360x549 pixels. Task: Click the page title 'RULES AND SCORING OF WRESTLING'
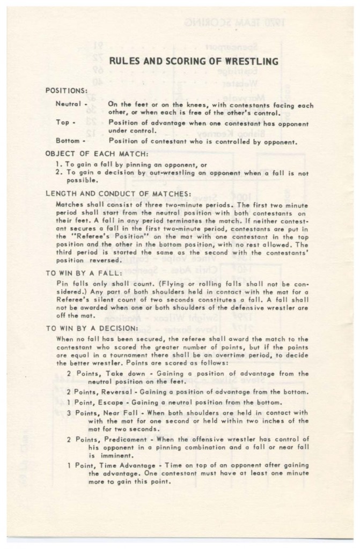[x=194, y=62]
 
